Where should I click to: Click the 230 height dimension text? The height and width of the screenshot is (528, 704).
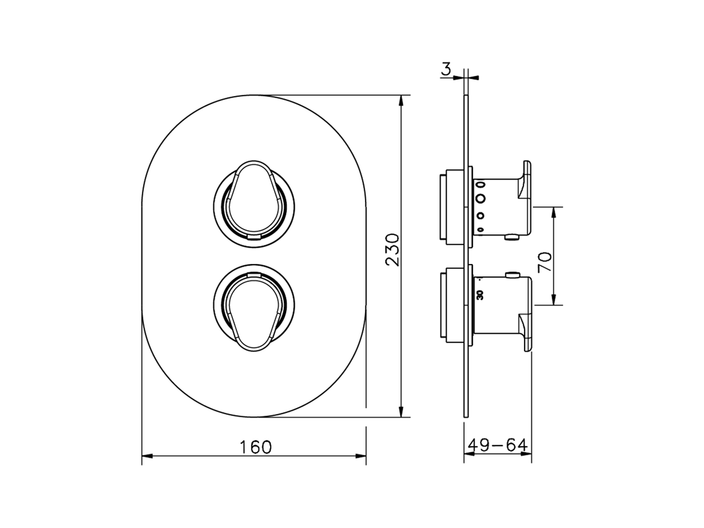point(392,250)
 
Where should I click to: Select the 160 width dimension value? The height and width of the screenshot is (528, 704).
point(256,447)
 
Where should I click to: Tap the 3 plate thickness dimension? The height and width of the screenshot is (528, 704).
point(446,69)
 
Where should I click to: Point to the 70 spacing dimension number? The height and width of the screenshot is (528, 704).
point(545,262)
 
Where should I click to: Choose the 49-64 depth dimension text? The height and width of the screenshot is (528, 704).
point(498,444)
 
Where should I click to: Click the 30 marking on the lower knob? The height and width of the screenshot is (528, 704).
point(480,295)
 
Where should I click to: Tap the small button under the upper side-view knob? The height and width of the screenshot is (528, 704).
point(513,237)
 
